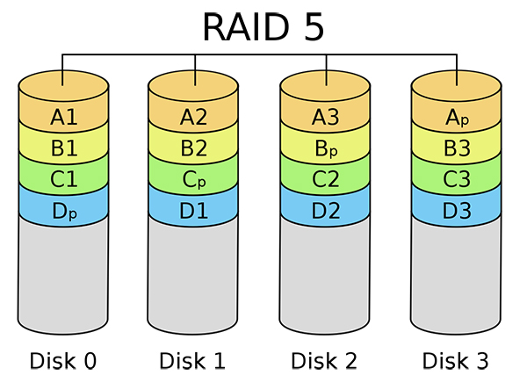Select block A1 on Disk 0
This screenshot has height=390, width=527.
pos(63,116)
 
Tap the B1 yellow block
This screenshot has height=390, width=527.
pos(63,148)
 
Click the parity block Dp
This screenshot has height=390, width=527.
pos(63,212)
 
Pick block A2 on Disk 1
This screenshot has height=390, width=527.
pos(195,116)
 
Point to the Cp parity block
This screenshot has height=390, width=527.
pos(195,180)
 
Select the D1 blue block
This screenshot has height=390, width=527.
pos(195,212)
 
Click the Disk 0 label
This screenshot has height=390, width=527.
pos(63,361)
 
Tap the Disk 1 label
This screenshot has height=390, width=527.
pos(195,361)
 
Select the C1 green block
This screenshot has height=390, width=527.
pos(63,180)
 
